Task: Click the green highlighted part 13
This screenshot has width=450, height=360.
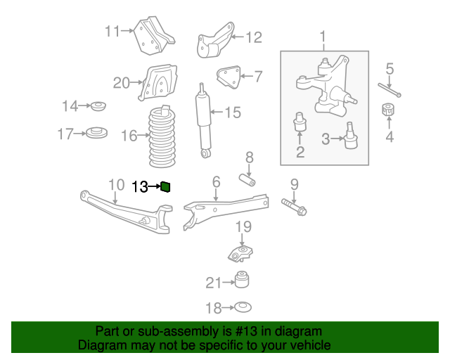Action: [166, 186]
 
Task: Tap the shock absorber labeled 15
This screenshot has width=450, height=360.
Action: [204, 120]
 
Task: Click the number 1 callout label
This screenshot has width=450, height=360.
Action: [323, 36]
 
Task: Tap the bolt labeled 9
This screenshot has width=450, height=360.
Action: [295, 207]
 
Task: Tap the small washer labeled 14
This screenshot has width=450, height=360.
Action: [98, 106]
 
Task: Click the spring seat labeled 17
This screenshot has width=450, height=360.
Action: [96, 132]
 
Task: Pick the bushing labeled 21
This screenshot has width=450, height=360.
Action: [243, 280]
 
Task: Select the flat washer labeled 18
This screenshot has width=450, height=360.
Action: [242, 307]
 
